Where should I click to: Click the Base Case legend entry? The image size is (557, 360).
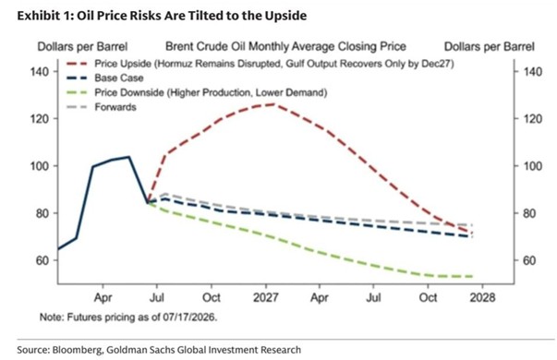[105, 78]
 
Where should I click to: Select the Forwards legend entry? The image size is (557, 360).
[102, 107]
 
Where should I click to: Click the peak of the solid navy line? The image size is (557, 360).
[129, 157]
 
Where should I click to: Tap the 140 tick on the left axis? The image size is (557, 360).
[39, 72]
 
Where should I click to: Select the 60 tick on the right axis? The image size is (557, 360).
[529, 260]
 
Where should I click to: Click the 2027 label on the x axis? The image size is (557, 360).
[265, 297]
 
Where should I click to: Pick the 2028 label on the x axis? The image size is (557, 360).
[482, 297]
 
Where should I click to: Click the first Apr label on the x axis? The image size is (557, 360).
[103, 297]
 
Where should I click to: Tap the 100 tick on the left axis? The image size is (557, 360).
[39, 166]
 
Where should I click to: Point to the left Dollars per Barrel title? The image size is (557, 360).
[82, 46]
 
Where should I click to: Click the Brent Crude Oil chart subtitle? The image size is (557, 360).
[286, 46]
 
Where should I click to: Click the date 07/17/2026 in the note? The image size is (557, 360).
[189, 317]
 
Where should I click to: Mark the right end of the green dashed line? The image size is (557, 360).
[473, 276]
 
